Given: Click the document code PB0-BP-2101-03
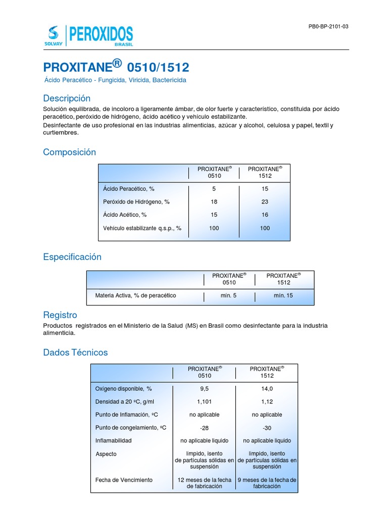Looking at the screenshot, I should coord(328,26).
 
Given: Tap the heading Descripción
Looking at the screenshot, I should coord(67,98).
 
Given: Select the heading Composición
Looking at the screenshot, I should coord(69,152).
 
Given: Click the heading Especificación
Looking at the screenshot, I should coord(72,257).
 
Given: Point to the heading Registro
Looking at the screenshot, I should coord(60,315).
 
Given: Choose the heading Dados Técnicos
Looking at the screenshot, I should coord(75,352).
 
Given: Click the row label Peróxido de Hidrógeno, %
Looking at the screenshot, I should coord(136,202).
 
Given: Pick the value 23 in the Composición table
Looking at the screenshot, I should coord(265,202).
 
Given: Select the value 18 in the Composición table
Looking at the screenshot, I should coord(214,202).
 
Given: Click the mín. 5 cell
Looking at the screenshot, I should coord(229,295).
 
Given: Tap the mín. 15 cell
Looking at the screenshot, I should coord(283,295).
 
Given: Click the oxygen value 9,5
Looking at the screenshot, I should coord(204,389).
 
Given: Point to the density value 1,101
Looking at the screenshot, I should coord(204,402).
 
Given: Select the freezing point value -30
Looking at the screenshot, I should coord(267,428).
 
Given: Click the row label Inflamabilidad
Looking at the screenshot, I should coord(114,441).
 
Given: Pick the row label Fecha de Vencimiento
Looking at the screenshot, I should coord(124,480).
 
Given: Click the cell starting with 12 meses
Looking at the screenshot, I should coord(204,483).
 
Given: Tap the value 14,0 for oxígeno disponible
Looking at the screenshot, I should coord(267,389).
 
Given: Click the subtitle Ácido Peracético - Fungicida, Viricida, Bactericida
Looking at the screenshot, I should coord(115,80).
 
